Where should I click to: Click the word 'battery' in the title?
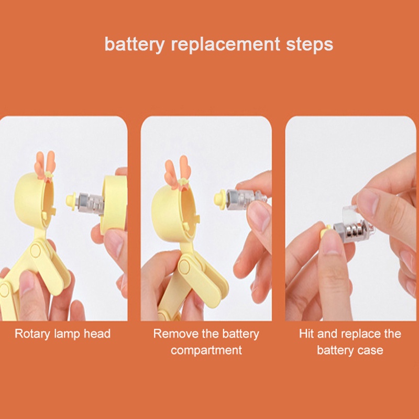coord(135,45)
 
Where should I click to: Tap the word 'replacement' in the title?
coord(225,45)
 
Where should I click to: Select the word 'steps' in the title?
coord(310,45)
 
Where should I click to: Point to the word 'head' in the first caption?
coord(97,334)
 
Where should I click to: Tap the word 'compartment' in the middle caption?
coord(206,350)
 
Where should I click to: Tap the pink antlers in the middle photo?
coord(177,172)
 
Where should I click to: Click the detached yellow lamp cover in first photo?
coord(114,204)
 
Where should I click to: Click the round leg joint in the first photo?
coord(36,251)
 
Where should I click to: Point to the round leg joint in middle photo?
coord(184,267)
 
